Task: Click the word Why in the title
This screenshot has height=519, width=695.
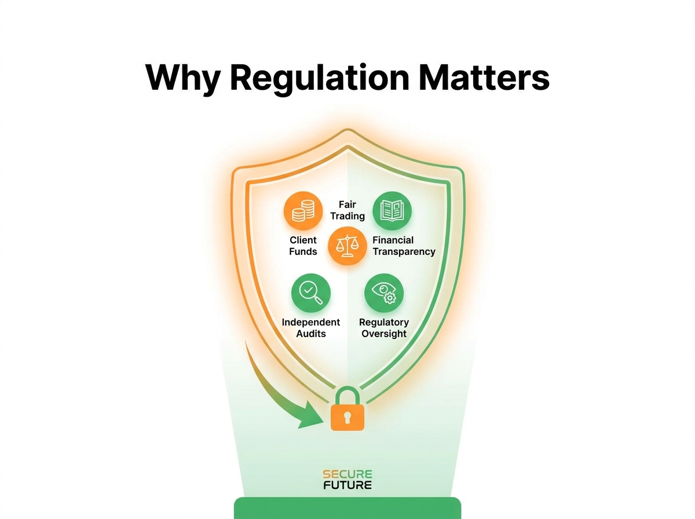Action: [x=182, y=78]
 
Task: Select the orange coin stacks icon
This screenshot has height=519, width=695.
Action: [x=303, y=210]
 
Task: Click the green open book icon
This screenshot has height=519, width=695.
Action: [x=392, y=210]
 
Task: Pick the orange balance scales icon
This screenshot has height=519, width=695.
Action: [x=347, y=246]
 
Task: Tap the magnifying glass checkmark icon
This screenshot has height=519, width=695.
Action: [x=310, y=293]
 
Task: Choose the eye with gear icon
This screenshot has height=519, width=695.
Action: [x=384, y=293]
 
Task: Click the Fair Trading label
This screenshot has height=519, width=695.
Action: [x=348, y=210]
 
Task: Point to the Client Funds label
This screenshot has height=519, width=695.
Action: [x=303, y=246]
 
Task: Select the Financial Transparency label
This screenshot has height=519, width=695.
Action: [x=404, y=246]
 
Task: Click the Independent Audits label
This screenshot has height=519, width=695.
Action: [x=310, y=328]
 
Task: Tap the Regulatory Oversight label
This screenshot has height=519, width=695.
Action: [x=384, y=328]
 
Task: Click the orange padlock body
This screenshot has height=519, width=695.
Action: [x=348, y=418]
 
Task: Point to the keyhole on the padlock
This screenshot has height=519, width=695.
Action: [x=348, y=417]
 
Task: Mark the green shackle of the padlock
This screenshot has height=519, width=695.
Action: [x=348, y=388]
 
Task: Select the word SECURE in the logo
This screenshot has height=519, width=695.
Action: [x=348, y=474]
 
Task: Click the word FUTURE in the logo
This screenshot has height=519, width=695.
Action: [x=348, y=485]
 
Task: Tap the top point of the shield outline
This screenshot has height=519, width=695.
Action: [x=348, y=129]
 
